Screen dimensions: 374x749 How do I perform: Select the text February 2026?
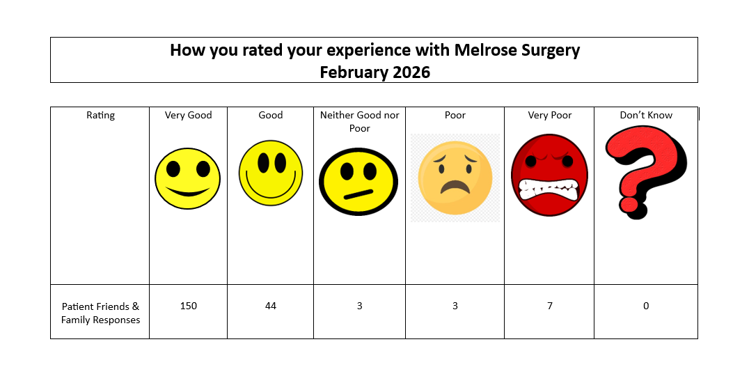pyautogui.click(x=374, y=72)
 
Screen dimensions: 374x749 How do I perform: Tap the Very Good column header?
pyautogui.click(x=188, y=116)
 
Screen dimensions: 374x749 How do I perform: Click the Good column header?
pyautogui.click(x=270, y=116)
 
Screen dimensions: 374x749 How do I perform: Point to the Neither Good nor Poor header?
pyautogui.click(x=359, y=122)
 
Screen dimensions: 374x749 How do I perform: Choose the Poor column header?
pyautogui.click(x=455, y=116)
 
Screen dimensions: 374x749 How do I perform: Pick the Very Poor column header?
pyautogui.click(x=550, y=116)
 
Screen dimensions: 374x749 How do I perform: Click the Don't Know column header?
pyautogui.click(x=646, y=116)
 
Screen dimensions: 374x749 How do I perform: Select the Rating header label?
pyautogui.click(x=100, y=116)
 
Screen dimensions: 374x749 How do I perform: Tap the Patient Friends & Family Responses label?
pyautogui.click(x=100, y=313)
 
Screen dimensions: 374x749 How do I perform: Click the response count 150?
pyautogui.click(x=188, y=306)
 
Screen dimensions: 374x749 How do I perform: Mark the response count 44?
pyautogui.click(x=270, y=306)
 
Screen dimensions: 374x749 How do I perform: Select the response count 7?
pyautogui.click(x=550, y=306)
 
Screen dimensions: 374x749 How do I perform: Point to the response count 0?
pyautogui.click(x=646, y=306)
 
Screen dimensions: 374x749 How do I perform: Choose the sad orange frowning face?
pyautogui.click(x=455, y=178)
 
